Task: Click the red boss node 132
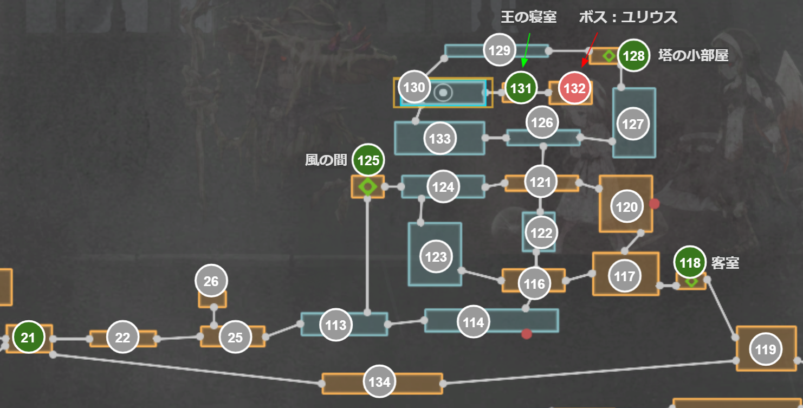(x=575, y=88)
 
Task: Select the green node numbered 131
(x=521, y=88)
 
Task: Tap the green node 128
(x=633, y=56)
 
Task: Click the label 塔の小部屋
(x=693, y=55)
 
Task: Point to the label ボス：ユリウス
(x=628, y=17)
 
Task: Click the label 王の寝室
(x=528, y=17)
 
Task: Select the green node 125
(x=368, y=160)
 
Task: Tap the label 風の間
(x=326, y=160)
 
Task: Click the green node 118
(x=690, y=263)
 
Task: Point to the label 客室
(x=725, y=263)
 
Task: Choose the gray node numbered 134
(x=379, y=382)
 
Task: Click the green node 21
(x=28, y=338)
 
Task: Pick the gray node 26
(x=211, y=281)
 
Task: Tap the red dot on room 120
(x=655, y=204)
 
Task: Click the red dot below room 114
(x=526, y=334)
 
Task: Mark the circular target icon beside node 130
(x=443, y=93)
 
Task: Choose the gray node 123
(x=436, y=257)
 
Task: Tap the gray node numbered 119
(x=766, y=349)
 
